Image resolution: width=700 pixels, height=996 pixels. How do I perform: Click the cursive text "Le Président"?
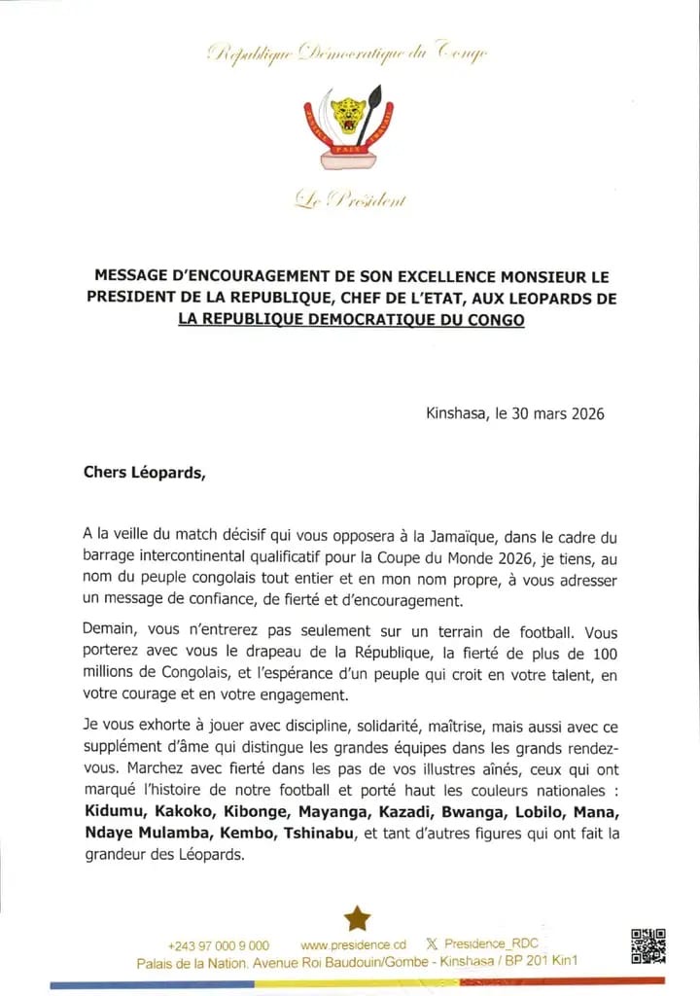click(x=350, y=200)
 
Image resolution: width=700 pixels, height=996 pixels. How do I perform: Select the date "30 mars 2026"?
click(x=557, y=413)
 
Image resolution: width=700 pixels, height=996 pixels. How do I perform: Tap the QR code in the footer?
click(x=648, y=946)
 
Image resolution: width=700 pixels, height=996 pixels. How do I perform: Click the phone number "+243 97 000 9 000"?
click(x=219, y=945)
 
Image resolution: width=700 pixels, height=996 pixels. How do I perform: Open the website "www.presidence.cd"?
click(x=353, y=944)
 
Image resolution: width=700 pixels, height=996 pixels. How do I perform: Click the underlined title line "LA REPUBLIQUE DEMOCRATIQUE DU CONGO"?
click(x=351, y=319)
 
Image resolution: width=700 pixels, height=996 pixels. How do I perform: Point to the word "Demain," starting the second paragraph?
click(x=112, y=628)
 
